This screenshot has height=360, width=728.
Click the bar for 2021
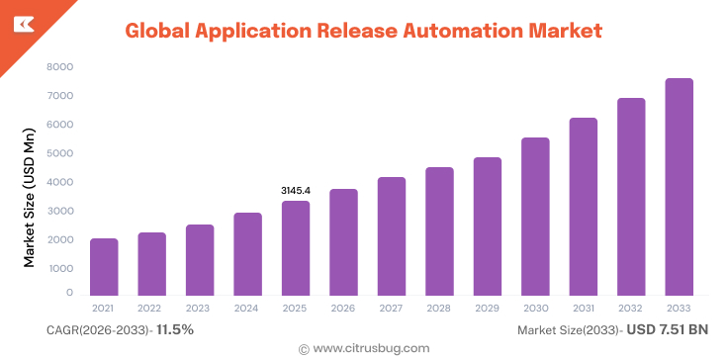[104, 267]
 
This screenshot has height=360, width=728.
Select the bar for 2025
[296, 248]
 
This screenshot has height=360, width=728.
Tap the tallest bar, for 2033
[679, 187]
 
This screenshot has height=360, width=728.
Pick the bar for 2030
[535, 217]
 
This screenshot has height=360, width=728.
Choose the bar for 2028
[439, 231]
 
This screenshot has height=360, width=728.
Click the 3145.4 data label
[296, 190]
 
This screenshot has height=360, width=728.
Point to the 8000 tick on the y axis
[60, 67]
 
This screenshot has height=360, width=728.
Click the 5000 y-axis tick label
[60, 153]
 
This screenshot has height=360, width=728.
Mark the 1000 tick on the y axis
[60, 268]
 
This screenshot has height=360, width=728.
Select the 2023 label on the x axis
[200, 309]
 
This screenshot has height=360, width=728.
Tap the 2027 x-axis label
[392, 309]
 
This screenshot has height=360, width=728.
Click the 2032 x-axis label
[631, 309]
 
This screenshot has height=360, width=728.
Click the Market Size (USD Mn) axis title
[30, 197]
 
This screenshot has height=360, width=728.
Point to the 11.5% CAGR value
[175, 329]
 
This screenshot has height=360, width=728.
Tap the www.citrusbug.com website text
[371, 348]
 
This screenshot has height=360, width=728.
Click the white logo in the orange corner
[20, 22]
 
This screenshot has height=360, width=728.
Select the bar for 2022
[151, 264]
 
